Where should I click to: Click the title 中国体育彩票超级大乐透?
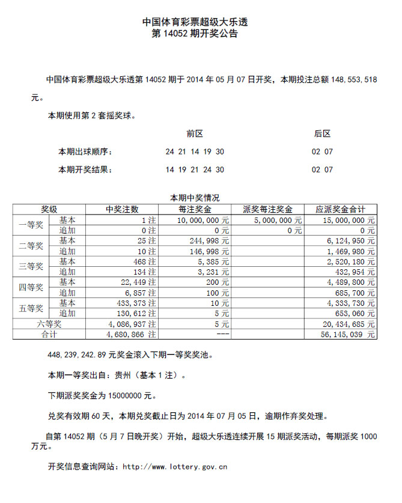(195, 22)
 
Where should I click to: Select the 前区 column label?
(195, 133)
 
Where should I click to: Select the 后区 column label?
(322, 133)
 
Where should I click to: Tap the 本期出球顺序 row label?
(85, 151)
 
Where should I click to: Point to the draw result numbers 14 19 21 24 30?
(195, 169)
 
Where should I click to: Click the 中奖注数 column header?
(121, 209)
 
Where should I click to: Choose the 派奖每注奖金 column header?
(267, 209)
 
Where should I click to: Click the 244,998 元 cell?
(204, 241)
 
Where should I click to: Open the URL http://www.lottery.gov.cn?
(175, 466)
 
